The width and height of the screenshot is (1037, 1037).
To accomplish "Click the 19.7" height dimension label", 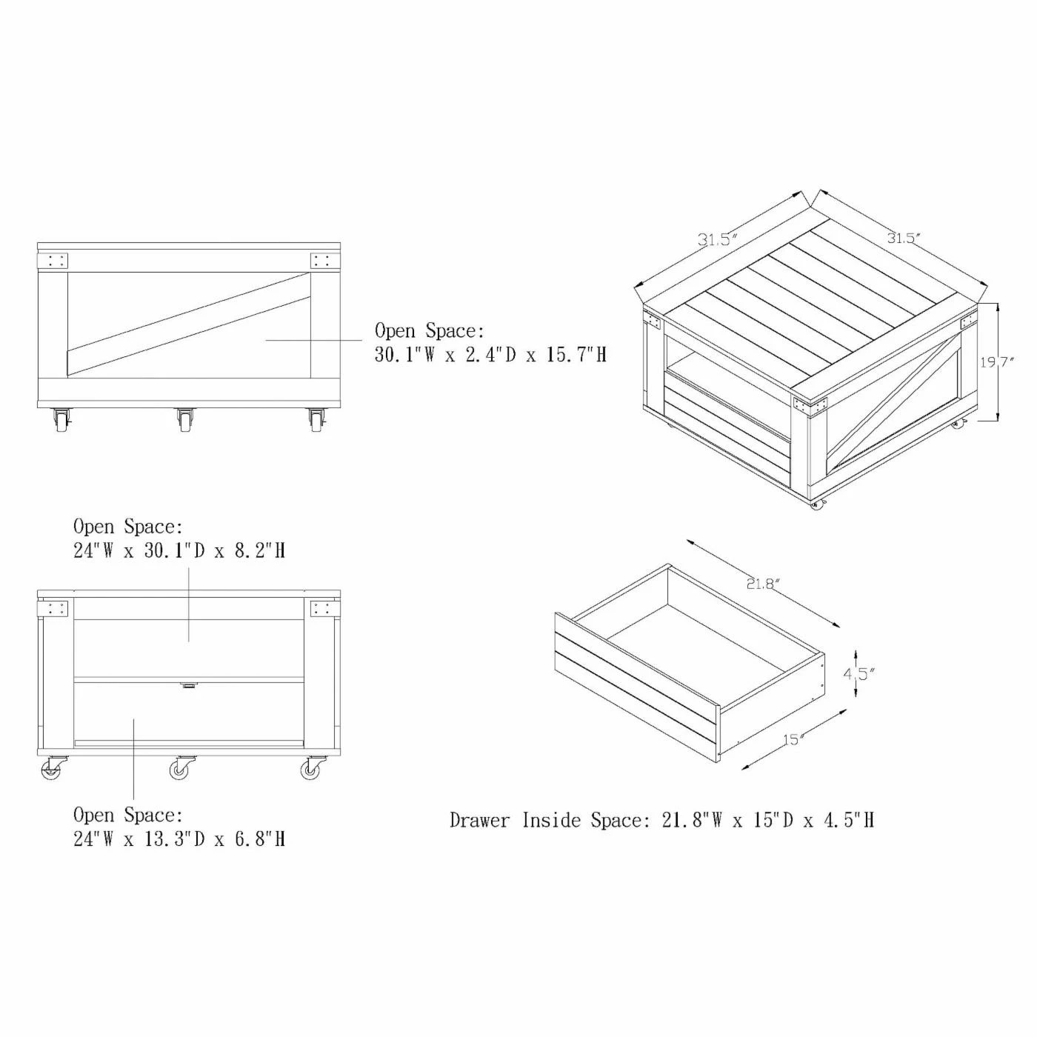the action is [996, 362].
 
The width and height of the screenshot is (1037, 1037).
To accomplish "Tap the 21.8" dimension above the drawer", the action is [761, 584].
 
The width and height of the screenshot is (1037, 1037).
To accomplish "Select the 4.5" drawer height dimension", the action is [859, 673].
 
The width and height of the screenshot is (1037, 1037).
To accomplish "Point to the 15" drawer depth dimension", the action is [793, 740].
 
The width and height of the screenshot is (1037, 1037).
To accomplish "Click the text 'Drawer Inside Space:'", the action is [546, 820].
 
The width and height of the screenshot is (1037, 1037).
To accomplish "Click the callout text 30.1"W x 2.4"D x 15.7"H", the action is [490, 355].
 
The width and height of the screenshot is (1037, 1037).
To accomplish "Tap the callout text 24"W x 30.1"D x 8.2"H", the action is [179, 550].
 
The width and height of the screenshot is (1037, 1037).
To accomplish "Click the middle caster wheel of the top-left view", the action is [184, 420].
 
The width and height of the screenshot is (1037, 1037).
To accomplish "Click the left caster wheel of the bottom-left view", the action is [52, 768].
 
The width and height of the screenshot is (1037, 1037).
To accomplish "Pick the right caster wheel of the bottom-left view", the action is [312, 768].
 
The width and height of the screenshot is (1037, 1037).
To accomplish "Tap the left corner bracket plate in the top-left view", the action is [53, 261].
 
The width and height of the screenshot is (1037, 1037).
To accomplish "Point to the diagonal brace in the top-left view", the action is [188, 324].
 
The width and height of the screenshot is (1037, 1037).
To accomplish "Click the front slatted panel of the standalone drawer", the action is [637, 684].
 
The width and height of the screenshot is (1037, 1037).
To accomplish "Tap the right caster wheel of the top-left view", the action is [316, 420].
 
